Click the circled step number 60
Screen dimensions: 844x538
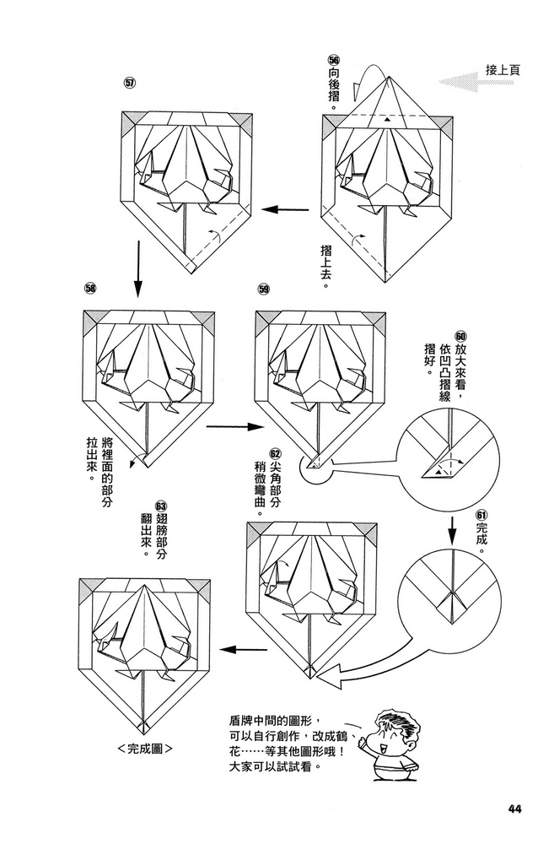pos(460,336)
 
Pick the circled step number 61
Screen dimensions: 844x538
pos(481,514)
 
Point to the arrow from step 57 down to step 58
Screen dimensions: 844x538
pos(137,268)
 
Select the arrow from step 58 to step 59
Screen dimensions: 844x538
pos(229,427)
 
